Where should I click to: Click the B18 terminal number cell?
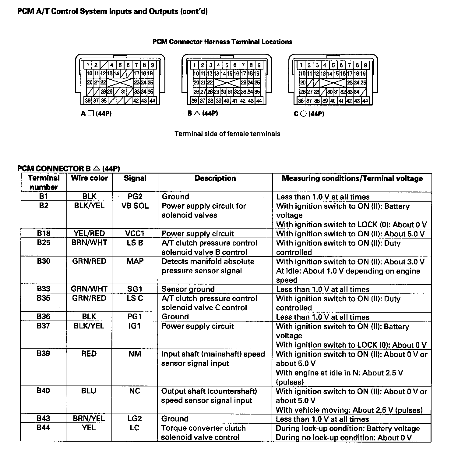click(44, 234)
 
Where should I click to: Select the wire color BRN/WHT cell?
click(89, 243)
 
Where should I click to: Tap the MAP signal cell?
click(135, 261)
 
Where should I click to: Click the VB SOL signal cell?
click(135, 206)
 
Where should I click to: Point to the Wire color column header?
click(89, 178)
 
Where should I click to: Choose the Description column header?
click(215, 178)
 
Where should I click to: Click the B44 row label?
click(43, 428)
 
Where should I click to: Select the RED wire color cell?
click(89, 354)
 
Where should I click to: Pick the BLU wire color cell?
click(89, 391)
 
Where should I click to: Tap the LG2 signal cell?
click(135, 418)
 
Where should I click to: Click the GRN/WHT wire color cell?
click(89, 289)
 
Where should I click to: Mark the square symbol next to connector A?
click(90, 113)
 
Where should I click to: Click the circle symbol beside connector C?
click(303, 114)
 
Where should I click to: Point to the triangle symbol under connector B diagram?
click(197, 113)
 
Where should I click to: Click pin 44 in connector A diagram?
click(152, 101)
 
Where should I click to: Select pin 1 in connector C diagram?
click(301, 65)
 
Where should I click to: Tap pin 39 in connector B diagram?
click(218, 101)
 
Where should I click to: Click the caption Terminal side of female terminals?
click(227, 134)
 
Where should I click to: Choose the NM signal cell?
click(135, 354)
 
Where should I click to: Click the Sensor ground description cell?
click(188, 289)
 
